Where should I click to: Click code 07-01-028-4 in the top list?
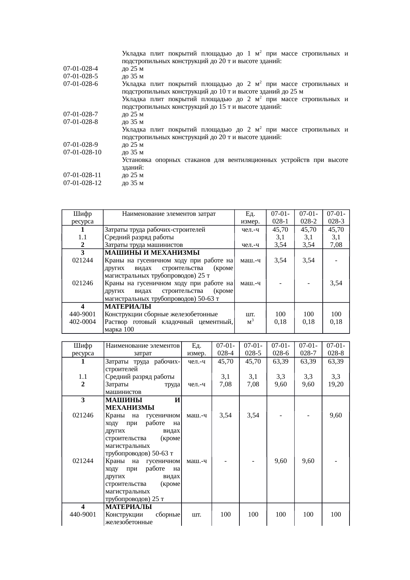point(80,69)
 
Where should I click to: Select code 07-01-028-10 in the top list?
point(82,152)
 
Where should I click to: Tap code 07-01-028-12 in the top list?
point(82,183)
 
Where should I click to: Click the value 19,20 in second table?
point(336,384)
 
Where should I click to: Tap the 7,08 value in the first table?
point(336,245)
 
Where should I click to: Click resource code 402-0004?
point(83,322)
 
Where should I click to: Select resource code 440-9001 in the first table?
point(83,314)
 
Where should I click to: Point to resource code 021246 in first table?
point(83,283)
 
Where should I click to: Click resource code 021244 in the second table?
point(83,461)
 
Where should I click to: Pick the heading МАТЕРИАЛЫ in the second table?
point(128,507)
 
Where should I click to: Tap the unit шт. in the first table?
point(250,314)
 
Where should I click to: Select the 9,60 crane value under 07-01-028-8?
point(336,415)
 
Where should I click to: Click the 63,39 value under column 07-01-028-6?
point(280,362)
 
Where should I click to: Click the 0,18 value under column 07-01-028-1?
point(280,322)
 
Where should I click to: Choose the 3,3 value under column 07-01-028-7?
point(308,377)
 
